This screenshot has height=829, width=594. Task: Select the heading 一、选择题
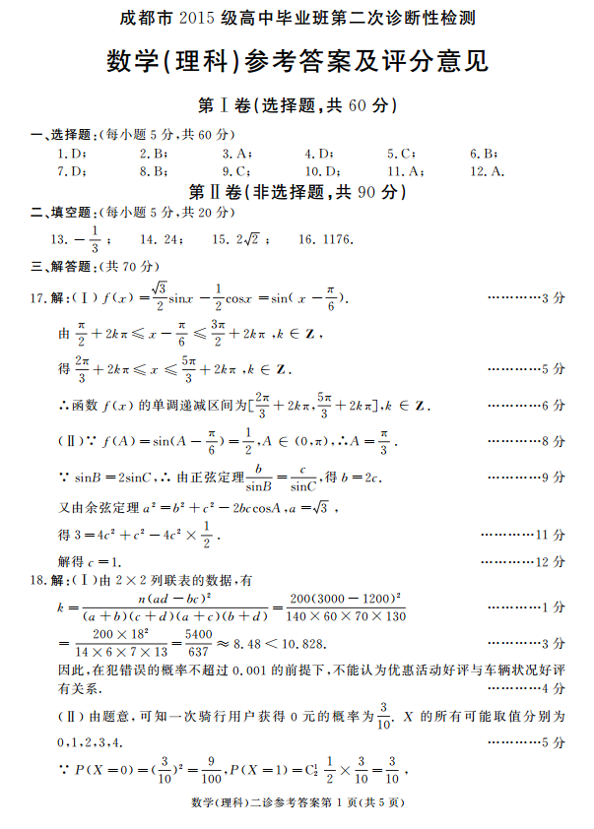61,135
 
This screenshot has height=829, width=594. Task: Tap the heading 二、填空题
61,213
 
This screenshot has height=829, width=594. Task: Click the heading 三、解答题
61,266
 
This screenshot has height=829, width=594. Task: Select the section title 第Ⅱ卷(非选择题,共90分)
297,191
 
